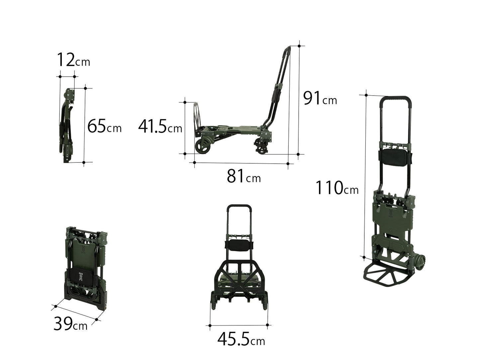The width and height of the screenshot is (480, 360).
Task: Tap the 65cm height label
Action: (x=104, y=126)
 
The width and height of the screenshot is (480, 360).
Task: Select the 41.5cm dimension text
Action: (x=160, y=126)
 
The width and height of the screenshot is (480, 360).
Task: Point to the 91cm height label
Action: (x=320, y=98)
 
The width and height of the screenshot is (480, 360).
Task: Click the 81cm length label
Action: (x=244, y=176)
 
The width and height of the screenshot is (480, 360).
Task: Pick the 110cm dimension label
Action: (x=337, y=188)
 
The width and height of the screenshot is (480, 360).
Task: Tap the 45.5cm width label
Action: (x=241, y=339)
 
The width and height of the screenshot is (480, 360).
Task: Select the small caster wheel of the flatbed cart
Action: (x=262, y=150)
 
